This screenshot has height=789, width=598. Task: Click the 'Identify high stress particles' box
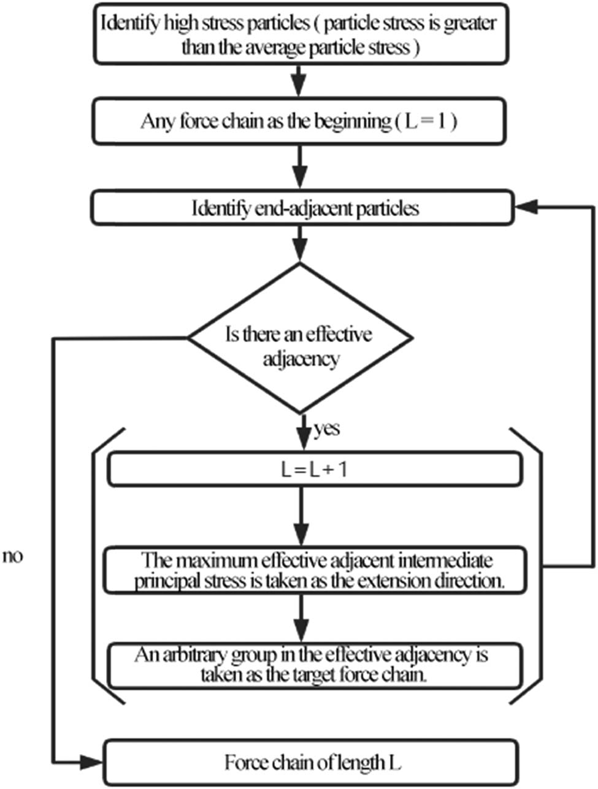tap(299, 34)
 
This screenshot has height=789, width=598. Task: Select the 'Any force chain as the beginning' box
tap(299, 121)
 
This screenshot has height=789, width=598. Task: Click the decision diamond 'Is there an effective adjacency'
tap(299, 338)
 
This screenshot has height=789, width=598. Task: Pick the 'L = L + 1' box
tap(314, 471)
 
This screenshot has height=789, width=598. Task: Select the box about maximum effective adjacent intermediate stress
tap(314, 571)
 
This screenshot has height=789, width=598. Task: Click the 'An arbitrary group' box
tap(314, 664)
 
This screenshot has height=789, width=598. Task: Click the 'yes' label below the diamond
tap(327, 429)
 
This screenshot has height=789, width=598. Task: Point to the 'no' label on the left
tap(13, 557)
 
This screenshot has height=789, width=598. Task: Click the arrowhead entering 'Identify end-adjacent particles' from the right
tap(525, 208)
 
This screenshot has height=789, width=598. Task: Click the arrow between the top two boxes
tap(299, 79)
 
